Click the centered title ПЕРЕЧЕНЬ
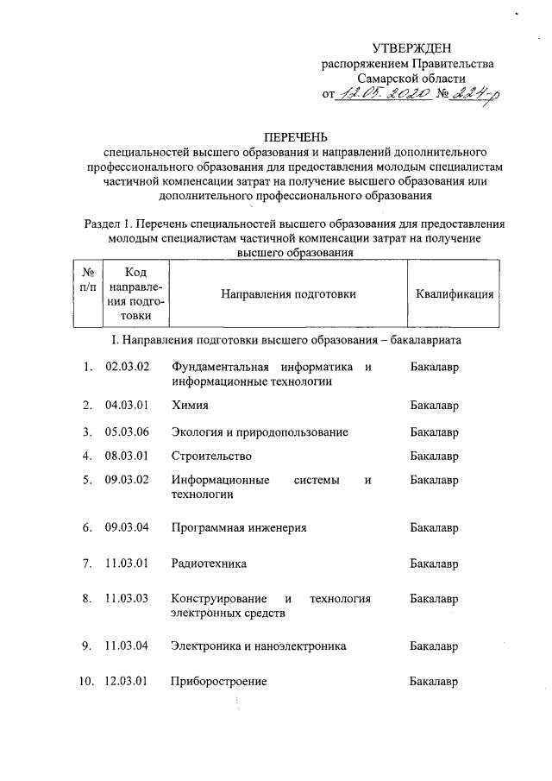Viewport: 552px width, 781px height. click(296, 135)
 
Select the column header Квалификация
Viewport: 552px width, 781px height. click(455, 294)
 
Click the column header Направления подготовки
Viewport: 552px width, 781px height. click(288, 294)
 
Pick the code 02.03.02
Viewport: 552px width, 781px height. click(128, 367)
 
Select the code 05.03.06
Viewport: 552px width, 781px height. click(128, 431)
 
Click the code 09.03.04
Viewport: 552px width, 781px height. click(128, 526)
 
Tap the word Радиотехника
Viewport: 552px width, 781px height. click(209, 564)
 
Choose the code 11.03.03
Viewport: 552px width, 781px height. click(128, 598)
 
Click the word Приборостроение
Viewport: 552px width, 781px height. click(219, 682)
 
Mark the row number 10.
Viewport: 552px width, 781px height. click(86, 682)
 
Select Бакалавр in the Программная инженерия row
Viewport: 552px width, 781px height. click(434, 526)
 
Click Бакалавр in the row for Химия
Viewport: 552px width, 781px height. click(434, 404)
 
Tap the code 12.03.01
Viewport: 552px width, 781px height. click(128, 682)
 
